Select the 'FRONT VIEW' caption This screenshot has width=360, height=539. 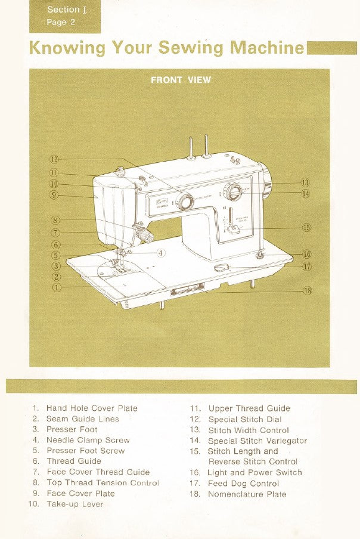coord(181,80)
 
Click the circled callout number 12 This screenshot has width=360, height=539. coord(54,159)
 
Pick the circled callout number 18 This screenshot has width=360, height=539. coord(307,290)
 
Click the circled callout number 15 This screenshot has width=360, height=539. coord(306,227)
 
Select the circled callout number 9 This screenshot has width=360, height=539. coord(54,194)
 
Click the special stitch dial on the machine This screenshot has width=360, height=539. coord(185,202)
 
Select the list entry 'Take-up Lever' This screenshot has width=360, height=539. coord(75,504)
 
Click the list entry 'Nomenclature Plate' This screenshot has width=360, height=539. coord(247,494)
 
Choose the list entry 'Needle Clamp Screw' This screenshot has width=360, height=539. coord(88,440)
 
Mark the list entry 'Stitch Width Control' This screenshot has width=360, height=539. coord(249,430)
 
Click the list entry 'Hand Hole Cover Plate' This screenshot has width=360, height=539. coord(92,408)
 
